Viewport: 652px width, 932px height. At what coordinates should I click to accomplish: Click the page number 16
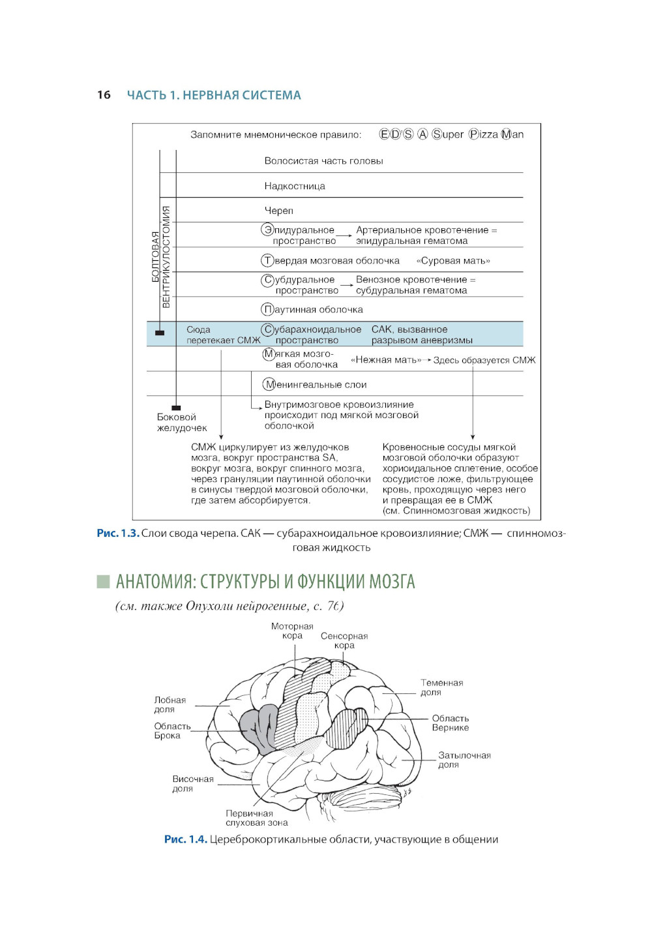pyautogui.click(x=104, y=95)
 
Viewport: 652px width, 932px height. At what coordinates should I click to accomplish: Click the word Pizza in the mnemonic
pyautogui.click(x=483, y=134)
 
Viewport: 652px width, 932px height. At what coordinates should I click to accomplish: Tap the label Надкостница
pyautogui.click(x=295, y=186)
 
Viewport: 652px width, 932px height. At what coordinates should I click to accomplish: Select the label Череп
pyautogui.click(x=279, y=211)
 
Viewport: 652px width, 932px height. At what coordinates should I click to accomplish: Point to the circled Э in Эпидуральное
pyautogui.click(x=267, y=230)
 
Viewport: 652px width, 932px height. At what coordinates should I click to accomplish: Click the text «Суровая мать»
pyautogui.click(x=453, y=261)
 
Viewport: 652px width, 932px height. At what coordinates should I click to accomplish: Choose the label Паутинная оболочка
pyautogui.click(x=312, y=310)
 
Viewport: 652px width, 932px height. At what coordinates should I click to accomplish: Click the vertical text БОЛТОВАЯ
pyautogui.click(x=155, y=256)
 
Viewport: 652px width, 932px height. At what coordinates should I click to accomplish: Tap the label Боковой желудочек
pyautogui.click(x=181, y=423)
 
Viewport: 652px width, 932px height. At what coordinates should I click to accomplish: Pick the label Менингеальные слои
pyautogui.click(x=315, y=385)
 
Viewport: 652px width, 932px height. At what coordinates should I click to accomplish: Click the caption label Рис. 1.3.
pyautogui.click(x=117, y=534)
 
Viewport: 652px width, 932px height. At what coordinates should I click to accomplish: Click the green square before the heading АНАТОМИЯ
pyautogui.click(x=103, y=581)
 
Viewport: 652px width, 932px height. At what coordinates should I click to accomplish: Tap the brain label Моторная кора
pyautogui.click(x=292, y=631)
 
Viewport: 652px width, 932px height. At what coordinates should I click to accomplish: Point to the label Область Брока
pyautogui.click(x=172, y=730)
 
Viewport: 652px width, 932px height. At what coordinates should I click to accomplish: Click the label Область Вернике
pyautogui.click(x=450, y=723)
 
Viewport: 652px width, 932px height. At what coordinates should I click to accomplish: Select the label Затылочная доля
pyautogui.click(x=464, y=760)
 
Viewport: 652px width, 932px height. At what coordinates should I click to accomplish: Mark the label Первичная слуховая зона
pyautogui.click(x=256, y=818)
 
